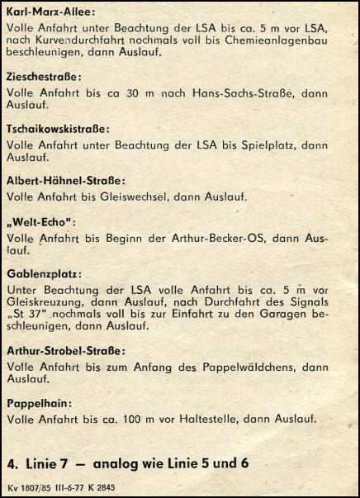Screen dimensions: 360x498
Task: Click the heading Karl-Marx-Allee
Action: (x=50, y=12)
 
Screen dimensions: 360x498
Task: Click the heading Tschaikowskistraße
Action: (x=58, y=129)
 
